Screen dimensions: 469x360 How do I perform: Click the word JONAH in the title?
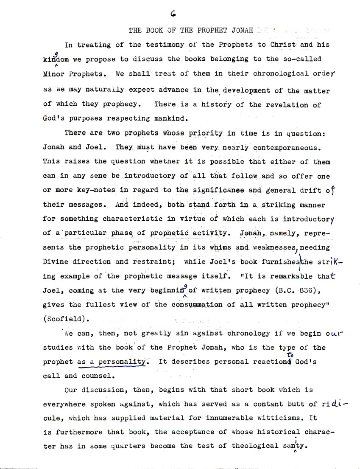pyautogui.click(x=243, y=31)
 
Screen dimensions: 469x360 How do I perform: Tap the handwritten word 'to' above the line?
pyautogui.click(x=290, y=355)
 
